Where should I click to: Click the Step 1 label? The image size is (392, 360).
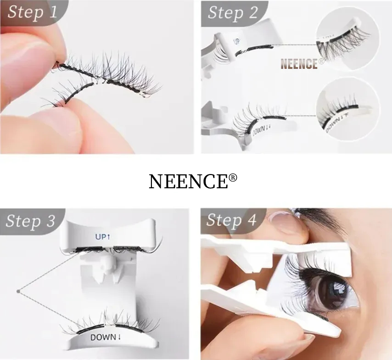[x=32, y=11]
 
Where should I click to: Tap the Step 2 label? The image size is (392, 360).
[x=233, y=12]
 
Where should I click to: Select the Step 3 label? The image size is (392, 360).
[x=31, y=221]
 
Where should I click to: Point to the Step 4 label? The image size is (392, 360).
[x=231, y=220]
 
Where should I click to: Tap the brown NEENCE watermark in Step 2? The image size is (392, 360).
[x=299, y=64]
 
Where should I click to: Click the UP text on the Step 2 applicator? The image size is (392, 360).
[x=237, y=41]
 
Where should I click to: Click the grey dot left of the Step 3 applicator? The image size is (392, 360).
[x=18, y=290]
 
